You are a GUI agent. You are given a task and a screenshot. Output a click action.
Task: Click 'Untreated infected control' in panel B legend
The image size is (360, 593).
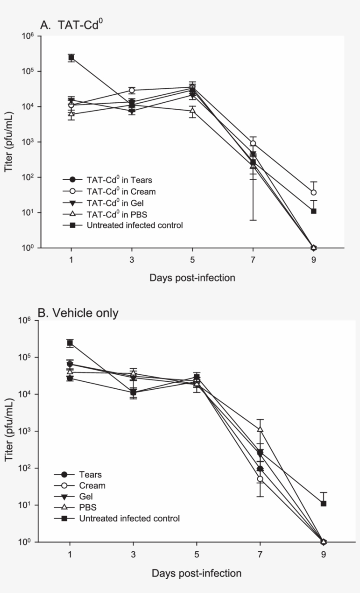130,519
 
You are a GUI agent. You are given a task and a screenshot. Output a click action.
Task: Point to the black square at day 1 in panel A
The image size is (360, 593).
71,58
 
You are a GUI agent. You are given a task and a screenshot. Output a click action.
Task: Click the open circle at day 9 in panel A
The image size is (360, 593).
313,192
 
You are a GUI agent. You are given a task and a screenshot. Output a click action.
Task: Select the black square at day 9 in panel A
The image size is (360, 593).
313,211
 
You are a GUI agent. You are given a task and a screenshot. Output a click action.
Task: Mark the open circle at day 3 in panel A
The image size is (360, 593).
132,90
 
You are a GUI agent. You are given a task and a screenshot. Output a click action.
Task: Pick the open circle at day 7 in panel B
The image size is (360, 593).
260,479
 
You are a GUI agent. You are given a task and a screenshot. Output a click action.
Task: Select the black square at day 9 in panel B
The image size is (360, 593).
324,503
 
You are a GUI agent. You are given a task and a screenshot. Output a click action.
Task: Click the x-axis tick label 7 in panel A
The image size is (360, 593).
253,259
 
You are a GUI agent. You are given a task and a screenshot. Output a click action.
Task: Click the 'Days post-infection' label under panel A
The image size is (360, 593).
192,278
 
